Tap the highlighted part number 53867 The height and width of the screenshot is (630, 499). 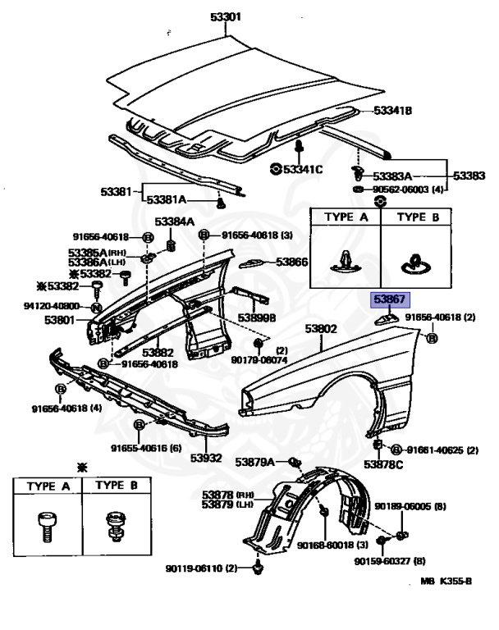(x=391, y=300)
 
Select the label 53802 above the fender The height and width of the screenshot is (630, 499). (x=322, y=329)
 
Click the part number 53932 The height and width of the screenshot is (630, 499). (x=207, y=457)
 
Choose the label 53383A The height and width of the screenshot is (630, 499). (x=392, y=176)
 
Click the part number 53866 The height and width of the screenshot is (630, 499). (x=291, y=262)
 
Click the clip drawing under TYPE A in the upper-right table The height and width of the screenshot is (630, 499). (x=345, y=260)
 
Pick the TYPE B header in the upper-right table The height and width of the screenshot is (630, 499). (x=417, y=217)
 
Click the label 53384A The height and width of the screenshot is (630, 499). (x=175, y=221)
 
